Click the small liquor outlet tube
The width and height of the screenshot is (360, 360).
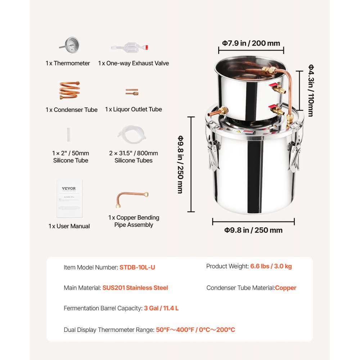click(132, 92)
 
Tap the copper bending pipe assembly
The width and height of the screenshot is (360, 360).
click(132, 199)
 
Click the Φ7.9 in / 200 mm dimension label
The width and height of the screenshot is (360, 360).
click(251, 43)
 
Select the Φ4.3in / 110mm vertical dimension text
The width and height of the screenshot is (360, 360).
click(310, 90)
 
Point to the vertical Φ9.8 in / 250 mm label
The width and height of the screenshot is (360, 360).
click(180, 165)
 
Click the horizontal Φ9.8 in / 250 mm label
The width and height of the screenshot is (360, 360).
click(253, 230)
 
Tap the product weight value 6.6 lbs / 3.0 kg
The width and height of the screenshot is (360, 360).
click(271, 266)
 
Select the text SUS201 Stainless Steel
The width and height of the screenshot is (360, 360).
click(135, 288)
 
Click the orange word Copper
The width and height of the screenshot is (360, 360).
click(285, 288)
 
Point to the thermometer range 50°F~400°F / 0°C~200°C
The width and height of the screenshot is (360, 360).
click(195, 329)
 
